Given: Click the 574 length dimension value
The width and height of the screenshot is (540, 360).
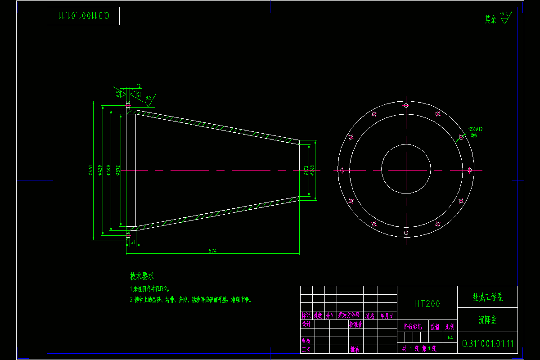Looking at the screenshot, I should pyautogui.click(x=212, y=251).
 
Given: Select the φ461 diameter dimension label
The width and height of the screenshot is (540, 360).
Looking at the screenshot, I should pyautogui.click(x=90, y=170).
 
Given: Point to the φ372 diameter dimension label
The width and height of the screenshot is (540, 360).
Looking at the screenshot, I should pyautogui.click(x=118, y=170).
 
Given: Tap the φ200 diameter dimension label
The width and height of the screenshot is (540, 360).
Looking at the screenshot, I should pyautogui.click(x=313, y=170).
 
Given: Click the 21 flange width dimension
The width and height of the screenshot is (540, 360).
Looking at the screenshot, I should pyautogui.click(x=133, y=242).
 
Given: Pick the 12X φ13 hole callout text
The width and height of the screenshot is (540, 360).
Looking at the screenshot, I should pyautogui.click(x=475, y=129).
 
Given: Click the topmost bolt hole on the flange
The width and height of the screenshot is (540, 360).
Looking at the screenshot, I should pyautogui.click(x=406, y=105).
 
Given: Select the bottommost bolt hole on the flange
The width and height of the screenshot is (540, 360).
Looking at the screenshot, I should pyautogui.click(x=406, y=233).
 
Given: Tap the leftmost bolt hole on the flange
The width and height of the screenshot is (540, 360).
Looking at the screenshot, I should pyautogui.click(x=342, y=170).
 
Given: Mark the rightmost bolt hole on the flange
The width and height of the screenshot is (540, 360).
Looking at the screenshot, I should pyautogui.click(x=469, y=170).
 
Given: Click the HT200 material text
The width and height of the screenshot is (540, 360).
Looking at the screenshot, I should pyautogui.click(x=427, y=304).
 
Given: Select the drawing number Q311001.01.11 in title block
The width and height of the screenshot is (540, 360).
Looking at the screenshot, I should pyautogui.click(x=488, y=344).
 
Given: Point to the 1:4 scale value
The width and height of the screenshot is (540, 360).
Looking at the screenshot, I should pyautogui.click(x=450, y=337).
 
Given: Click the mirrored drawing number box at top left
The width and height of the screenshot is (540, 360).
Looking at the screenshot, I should pyautogui.click(x=83, y=16).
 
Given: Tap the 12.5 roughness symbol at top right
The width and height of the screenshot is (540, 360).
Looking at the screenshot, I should pyautogui.click(x=504, y=18).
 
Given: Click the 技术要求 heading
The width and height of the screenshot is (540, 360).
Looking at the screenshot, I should pyautogui.click(x=142, y=276).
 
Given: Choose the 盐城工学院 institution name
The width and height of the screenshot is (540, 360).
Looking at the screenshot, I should pyautogui.click(x=487, y=297).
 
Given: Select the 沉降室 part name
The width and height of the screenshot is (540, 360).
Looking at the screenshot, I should pyautogui.click(x=487, y=320).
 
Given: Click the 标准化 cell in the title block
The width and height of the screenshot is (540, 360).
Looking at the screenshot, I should pyautogui.click(x=355, y=324).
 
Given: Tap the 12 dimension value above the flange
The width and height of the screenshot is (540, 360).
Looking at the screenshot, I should pyautogui.click(x=139, y=85).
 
